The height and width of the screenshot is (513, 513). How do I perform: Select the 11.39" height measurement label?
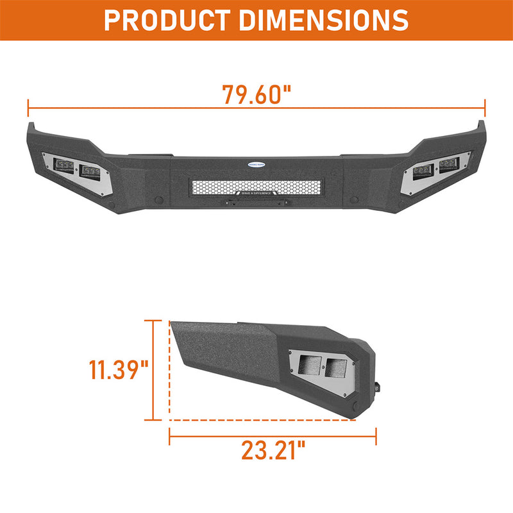(118, 370)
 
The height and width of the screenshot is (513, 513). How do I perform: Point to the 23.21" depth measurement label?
(273, 451)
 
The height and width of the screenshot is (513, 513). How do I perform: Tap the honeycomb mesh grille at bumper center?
(256, 187)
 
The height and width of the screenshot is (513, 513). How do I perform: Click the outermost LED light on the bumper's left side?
(65, 165)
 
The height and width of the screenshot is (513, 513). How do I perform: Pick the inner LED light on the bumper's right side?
(421, 171)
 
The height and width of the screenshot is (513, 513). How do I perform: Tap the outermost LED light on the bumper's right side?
(448, 165)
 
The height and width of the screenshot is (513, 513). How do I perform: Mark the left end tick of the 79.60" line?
(28, 108)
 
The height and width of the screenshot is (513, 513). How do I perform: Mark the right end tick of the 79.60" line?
(485, 108)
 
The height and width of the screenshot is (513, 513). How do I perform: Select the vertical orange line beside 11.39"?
(153, 370)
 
